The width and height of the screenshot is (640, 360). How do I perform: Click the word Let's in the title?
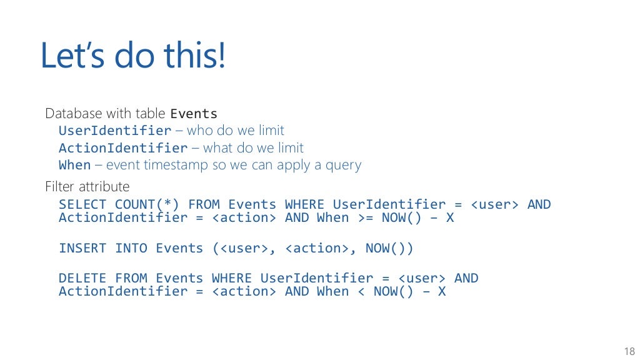tap(75, 55)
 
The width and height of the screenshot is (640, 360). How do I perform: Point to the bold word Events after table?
tap(194, 114)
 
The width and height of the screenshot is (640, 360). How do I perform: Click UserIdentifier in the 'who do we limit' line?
tap(115, 131)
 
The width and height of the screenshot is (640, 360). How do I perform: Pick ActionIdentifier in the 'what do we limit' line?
tap(123, 148)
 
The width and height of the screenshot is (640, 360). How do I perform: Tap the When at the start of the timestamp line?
tap(74, 165)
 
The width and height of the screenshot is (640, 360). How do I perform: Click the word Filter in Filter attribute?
tap(56, 186)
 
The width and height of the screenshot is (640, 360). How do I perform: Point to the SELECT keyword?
tap(82, 204)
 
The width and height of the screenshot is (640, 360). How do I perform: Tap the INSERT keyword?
tap(82, 248)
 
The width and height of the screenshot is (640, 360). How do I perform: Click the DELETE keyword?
tap(82, 278)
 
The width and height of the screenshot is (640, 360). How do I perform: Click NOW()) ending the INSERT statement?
tap(389, 248)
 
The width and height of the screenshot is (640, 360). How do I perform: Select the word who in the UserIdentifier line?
tap(200, 131)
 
